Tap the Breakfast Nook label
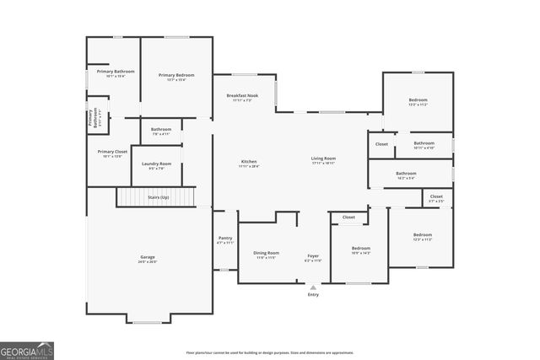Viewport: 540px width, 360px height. [242, 96]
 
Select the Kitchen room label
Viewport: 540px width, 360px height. [249, 161]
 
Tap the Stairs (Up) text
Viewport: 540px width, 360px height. [159, 196]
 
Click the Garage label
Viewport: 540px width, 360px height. [148, 256]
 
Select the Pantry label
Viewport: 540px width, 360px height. [225, 239]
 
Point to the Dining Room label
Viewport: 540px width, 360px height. [267, 252]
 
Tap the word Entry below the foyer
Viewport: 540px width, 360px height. [313, 295]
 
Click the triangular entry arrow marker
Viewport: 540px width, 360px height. [313, 287]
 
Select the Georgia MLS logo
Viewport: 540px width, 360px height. [27, 350]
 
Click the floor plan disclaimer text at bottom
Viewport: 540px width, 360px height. [269, 352]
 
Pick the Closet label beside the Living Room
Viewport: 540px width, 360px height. [381, 144]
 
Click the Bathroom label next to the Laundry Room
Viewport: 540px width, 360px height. [161, 129]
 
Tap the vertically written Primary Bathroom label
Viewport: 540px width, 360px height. [91, 119]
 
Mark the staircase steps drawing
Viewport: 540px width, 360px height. [135, 196]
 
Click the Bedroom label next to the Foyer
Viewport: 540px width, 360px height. [360, 248]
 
